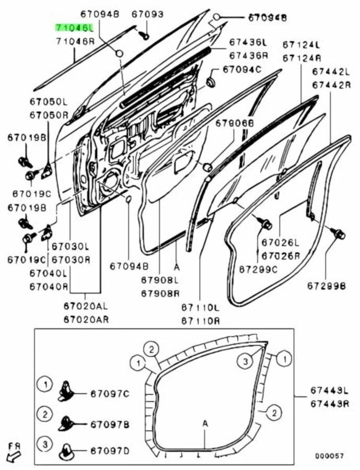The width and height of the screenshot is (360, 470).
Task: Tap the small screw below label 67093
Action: tap(145, 35)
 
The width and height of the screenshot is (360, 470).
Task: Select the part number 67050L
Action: tap(48, 101)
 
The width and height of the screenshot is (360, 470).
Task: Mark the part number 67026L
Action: tap(281, 242)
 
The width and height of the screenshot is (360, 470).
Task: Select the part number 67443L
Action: tap(328, 390)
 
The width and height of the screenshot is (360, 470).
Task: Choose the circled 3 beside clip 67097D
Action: tap(45, 444)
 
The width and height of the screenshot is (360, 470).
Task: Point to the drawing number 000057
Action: tap(329, 455)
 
